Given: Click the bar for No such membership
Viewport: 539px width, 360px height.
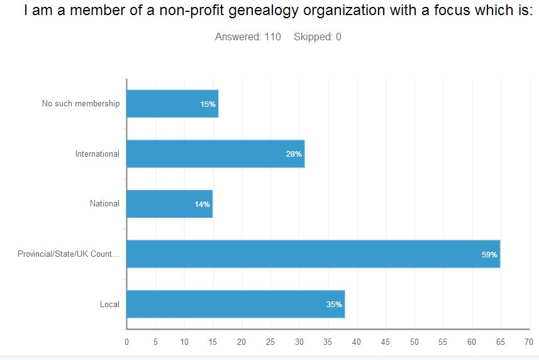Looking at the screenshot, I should click(x=172, y=104).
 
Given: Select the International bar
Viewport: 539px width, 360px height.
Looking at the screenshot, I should click(x=215, y=154).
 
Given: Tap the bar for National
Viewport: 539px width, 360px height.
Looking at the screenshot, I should click(x=169, y=204).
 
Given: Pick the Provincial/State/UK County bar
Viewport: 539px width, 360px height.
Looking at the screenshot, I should click(x=313, y=254).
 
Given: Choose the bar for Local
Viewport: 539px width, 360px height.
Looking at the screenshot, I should click(x=235, y=304).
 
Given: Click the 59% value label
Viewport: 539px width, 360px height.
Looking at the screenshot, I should click(x=489, y=255).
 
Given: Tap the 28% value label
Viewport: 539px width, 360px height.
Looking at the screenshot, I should click(x=294, y=154).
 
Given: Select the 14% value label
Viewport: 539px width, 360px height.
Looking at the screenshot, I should click(x=202, y=205).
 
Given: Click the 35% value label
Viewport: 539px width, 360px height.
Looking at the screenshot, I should click(x=334, y=305).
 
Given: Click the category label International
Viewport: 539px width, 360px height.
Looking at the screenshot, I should click(x=97, y=154).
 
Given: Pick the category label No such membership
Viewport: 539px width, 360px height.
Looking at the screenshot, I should click(x=81, y=103).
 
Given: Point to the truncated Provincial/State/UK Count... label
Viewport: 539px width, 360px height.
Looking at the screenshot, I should click(x=69, y=254).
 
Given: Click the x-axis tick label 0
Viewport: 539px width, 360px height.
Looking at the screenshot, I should click(x=126, y=342).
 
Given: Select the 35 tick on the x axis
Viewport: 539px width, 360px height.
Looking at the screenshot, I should click(x=328, y=342).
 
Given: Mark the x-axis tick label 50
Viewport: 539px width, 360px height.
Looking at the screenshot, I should click(x=414, y=342).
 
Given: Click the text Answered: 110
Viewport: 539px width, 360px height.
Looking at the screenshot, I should click(x=248, y=37).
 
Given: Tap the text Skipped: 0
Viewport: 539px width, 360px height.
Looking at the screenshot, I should click(x=317, y=37).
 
